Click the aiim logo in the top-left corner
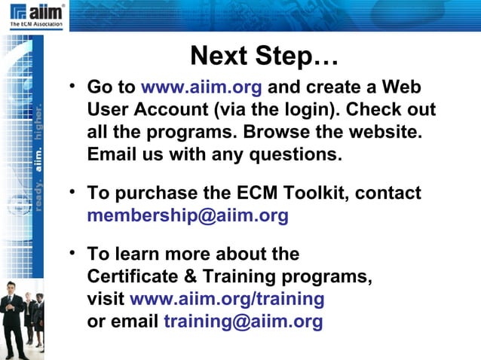(x=36, y=14)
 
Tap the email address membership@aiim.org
(x=188, y=216)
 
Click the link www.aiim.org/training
(x=227, y=299)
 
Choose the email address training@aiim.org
(x=243, y=322)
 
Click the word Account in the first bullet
(x=173, y=109)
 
